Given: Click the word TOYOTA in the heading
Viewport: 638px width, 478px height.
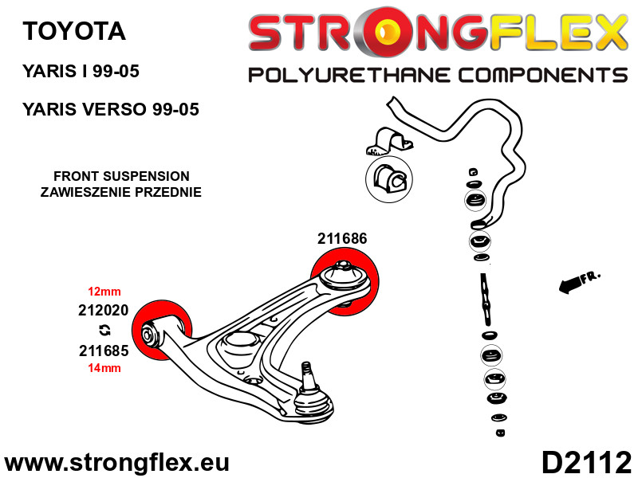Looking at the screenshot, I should [x=74, y=31].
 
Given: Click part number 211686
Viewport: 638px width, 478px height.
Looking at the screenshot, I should [x=342, y=237].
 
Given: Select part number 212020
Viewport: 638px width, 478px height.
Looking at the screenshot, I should [x=103, y=311].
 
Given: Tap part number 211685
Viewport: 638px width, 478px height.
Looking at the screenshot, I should [x=103, y=350].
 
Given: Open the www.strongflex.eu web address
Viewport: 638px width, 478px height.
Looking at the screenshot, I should [x=116, y=463].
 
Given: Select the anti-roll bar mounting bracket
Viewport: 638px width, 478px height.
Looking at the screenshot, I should [x=387, y=141].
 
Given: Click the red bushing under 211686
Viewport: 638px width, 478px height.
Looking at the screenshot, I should [x=344, y=281].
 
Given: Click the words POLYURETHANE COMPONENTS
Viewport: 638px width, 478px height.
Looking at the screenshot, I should [x=438, y=76].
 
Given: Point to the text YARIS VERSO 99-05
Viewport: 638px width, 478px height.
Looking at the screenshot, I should [x=111, y=109].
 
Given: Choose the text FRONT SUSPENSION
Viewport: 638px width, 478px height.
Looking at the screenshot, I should [x=121, y=177].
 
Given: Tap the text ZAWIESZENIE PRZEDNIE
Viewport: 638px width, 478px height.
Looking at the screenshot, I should [x=121, y=192].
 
